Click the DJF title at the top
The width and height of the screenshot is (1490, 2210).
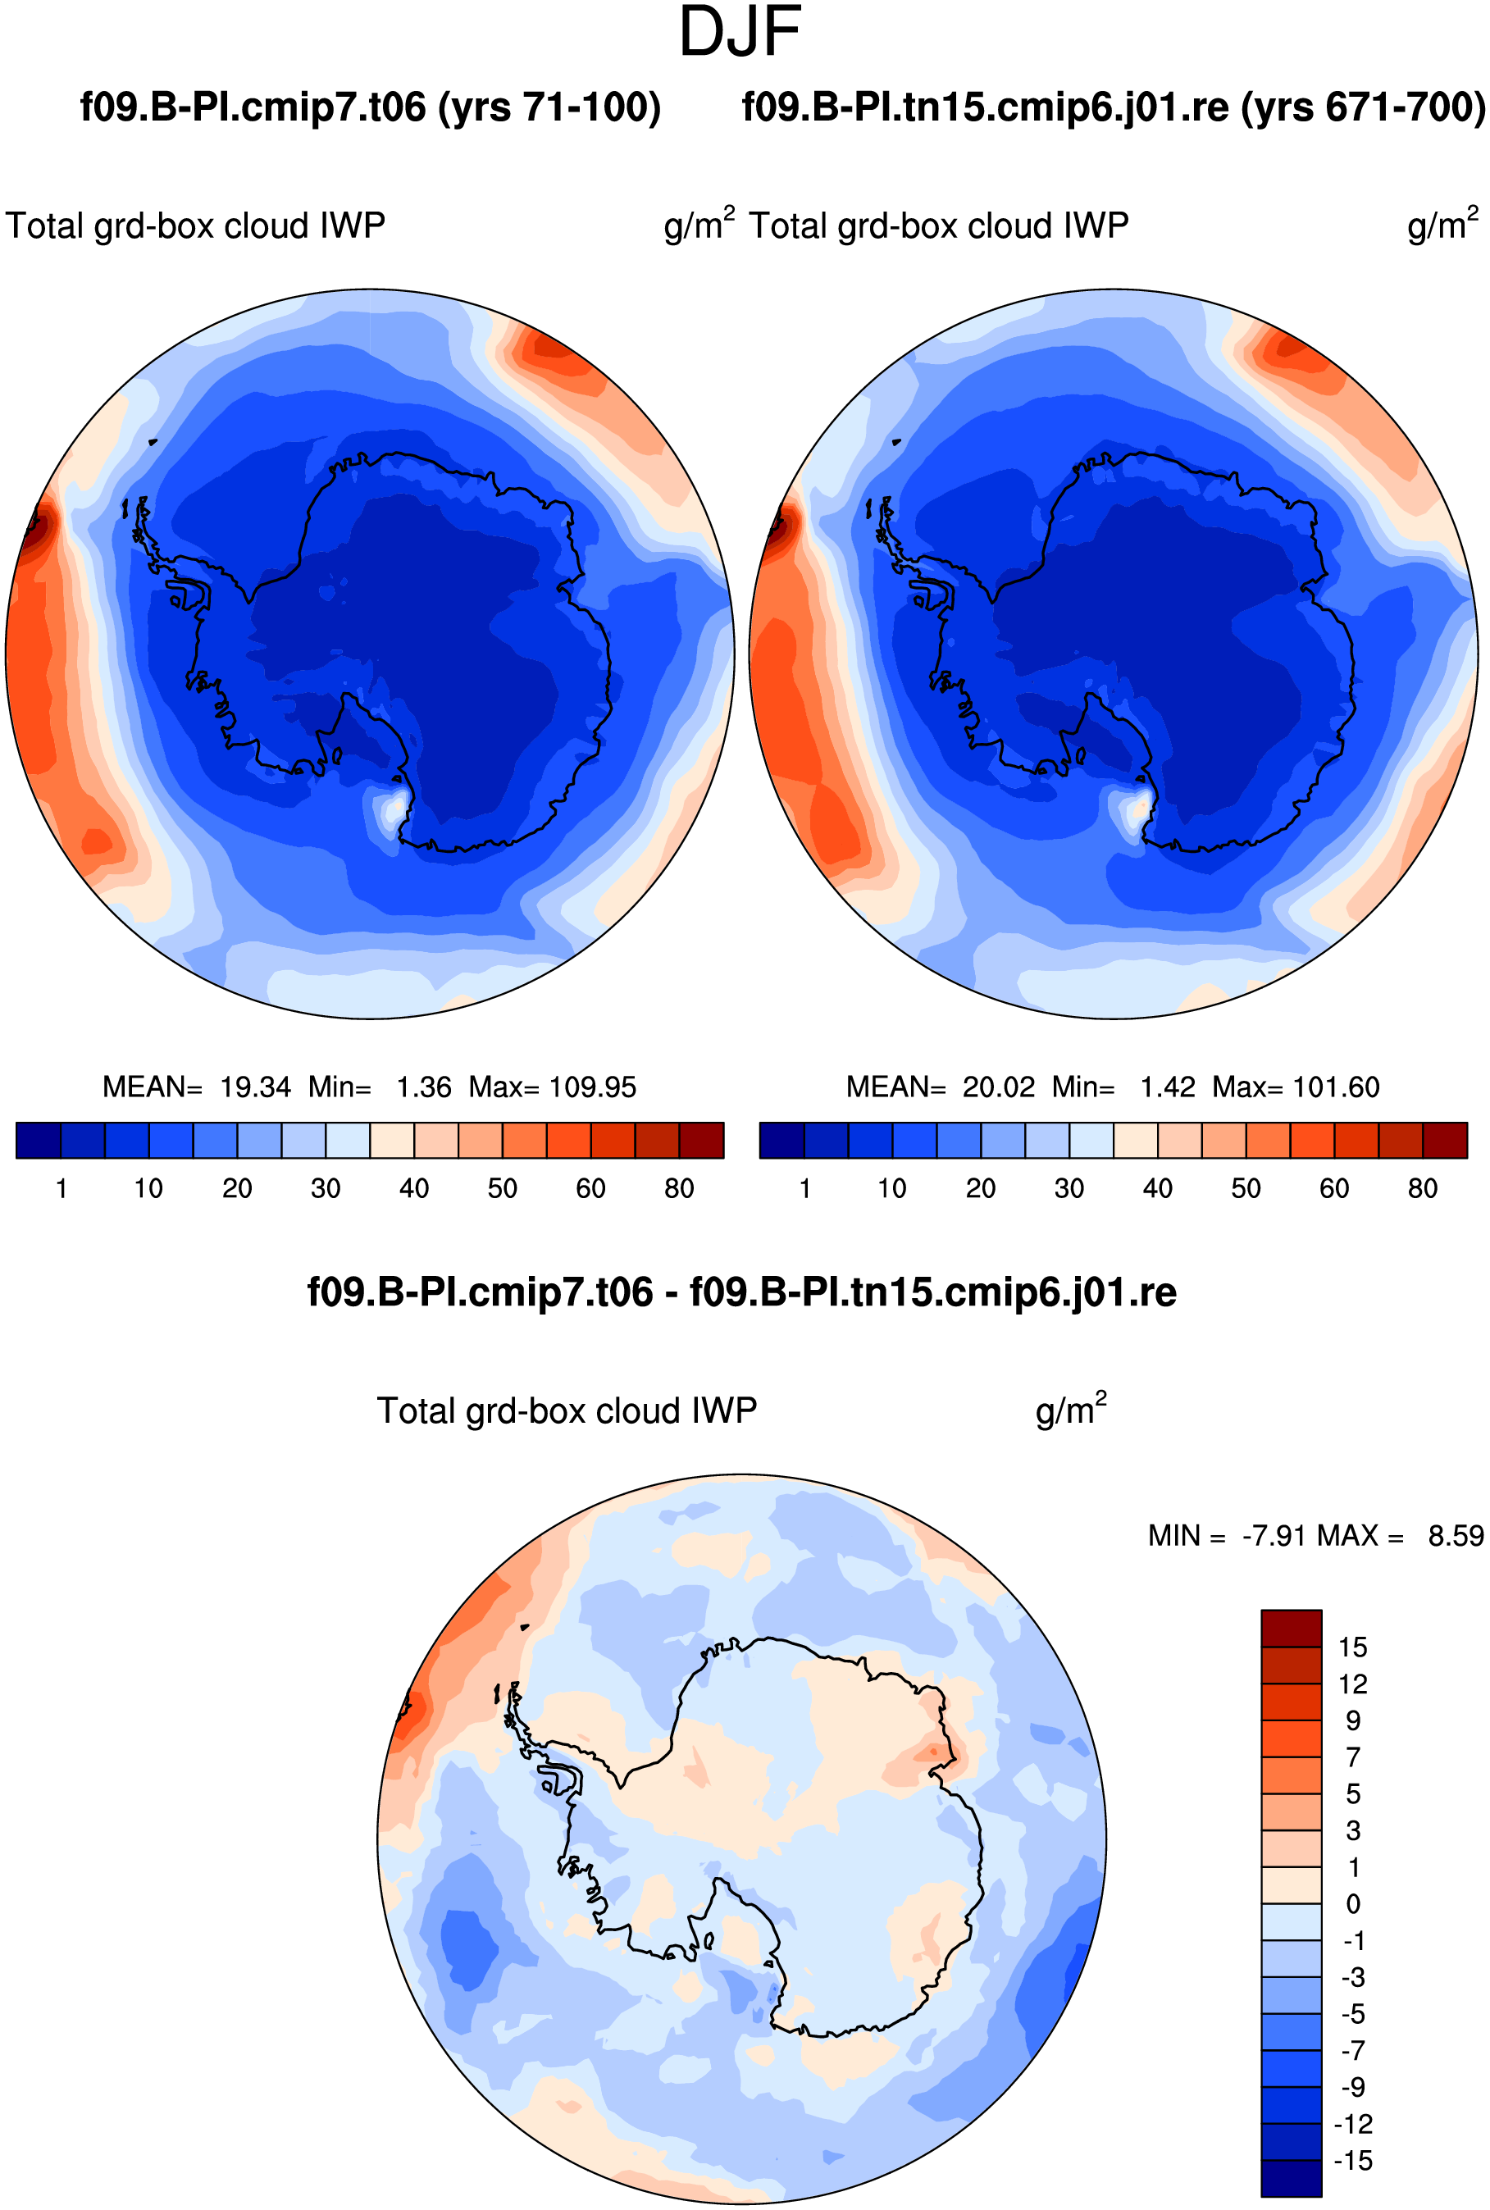(x=740, y=32)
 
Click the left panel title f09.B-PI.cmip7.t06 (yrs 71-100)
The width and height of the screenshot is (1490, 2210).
(x=371, y=107)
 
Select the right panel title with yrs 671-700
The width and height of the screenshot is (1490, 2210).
(x=1114, y=107)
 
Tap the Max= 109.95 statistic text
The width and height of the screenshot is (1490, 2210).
(x=552, y=1087)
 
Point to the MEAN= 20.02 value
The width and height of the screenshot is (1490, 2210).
(x=940, y=1087)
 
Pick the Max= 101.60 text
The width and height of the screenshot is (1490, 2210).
(x=1296, y=1087)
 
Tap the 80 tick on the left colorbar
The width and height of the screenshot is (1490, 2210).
(x=680, y=1188)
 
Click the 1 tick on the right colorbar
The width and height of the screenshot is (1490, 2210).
(x=805, y=1188)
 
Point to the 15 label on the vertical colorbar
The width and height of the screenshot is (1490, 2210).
(x=1352, y=1647)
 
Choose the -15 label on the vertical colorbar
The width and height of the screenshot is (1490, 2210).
(x=1353, y=2161)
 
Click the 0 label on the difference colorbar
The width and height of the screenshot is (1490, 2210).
(x=1353, y=1904)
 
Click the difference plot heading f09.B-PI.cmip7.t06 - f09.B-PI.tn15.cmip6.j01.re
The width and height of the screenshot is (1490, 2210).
(x=742, y=1292)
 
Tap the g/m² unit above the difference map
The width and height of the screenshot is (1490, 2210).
(x=1071, y=1409)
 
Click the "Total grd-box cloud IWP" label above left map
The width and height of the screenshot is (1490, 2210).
(x=196, y=226)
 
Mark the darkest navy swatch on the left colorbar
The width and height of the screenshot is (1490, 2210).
(x=39, y=1140)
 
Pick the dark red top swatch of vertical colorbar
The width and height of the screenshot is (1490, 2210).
(x=1292, y=1628)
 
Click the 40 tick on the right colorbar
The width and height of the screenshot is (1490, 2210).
(x=1157, y=1188)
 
